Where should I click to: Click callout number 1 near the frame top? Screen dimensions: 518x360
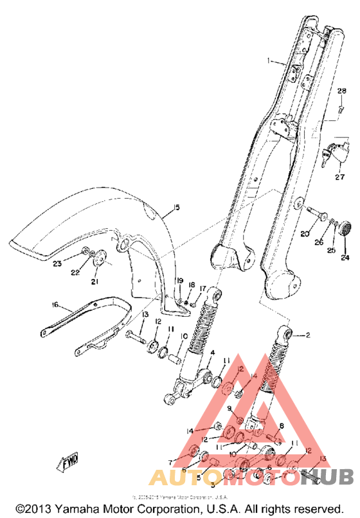click(x=271, y=62)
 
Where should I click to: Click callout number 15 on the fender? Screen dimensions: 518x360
click(x=176, y=208)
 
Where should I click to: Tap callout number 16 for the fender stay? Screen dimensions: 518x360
click(x=55, y=306)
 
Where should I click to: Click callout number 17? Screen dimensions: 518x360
click(x=202, y=288)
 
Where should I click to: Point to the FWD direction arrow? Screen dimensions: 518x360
click(x=68, y=463)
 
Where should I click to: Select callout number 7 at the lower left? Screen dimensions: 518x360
click(x=170, y=461)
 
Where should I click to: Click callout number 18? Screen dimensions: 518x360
click(x=191, y=285)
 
